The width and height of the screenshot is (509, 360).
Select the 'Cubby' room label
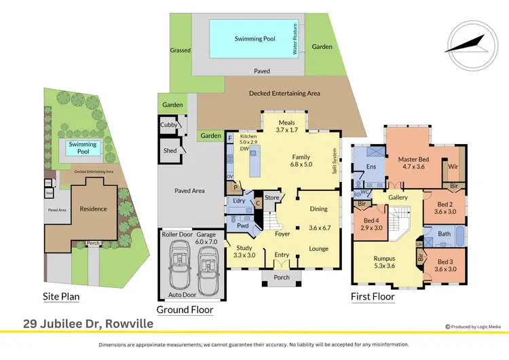(x=169, y=125)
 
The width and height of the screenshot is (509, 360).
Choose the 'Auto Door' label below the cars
(x=181, y=295)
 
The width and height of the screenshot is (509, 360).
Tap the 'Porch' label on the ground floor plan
(x=281, y=277)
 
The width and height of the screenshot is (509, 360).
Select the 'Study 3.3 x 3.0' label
(x=245, y=252)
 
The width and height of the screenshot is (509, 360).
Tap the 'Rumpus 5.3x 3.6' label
(x=385, y=261)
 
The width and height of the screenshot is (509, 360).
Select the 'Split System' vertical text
(x=334, y=162)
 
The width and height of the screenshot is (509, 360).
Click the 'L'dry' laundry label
(x=238, y=202)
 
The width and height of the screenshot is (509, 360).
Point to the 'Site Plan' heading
(x=67, y=296)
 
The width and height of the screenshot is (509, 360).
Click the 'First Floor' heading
(x=372, y=296)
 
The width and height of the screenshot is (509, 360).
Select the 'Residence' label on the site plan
(x=94, y=209)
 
